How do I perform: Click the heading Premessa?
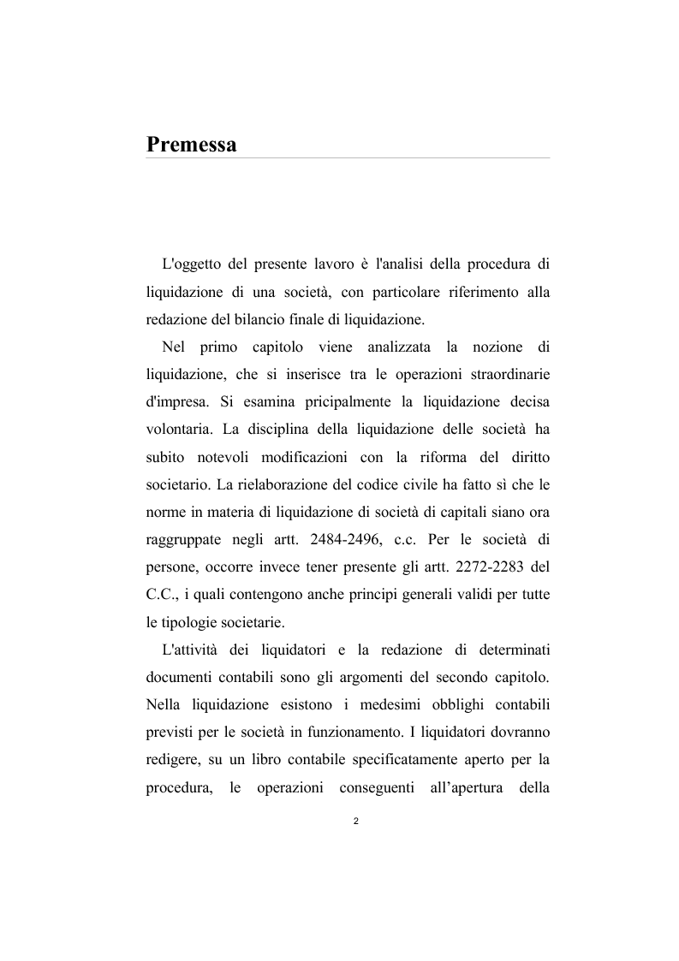(x=191, y=143)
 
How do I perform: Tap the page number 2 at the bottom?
(x=355, y=822)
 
